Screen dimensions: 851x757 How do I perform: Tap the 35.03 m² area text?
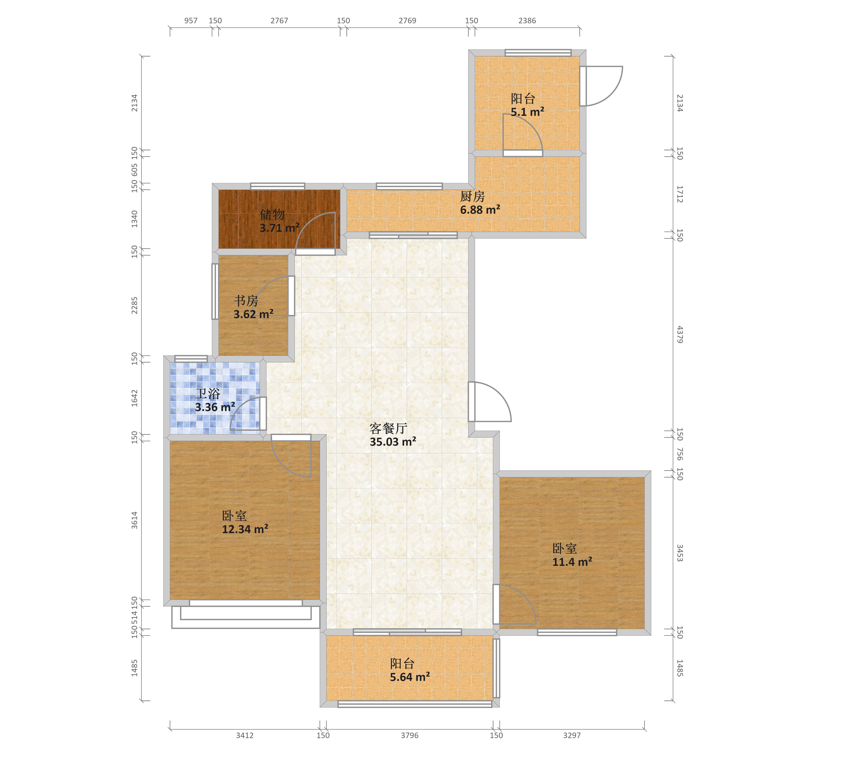[393, 442]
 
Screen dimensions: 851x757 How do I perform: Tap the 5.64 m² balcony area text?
[410, 677]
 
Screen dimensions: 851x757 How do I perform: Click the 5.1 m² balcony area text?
[527, 112]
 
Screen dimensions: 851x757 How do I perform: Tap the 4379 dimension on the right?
[679, 335]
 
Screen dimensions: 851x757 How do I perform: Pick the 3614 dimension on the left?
[134, 520]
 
